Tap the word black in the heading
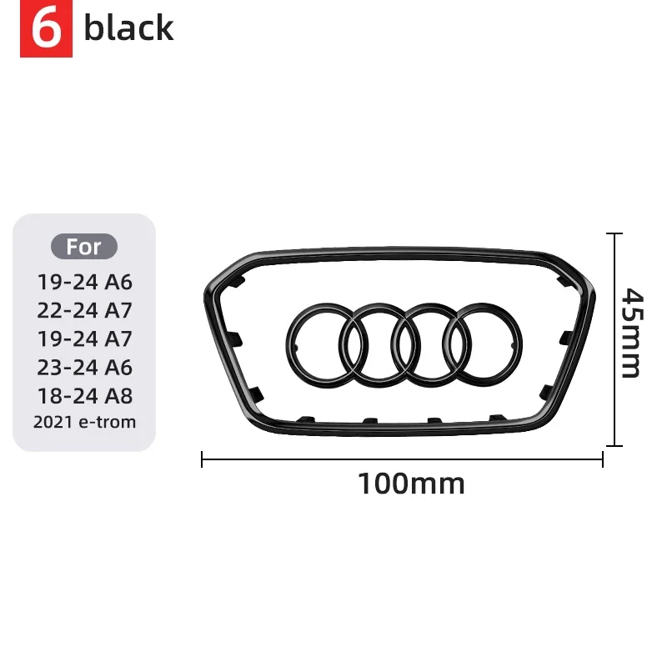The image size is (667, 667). pyautogui.click(x=129, y=28)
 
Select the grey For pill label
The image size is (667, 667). pyautogui.click(x=84, y=246)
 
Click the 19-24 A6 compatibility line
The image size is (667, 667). pyautogui.click(x=85, y=282)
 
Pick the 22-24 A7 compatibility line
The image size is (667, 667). pyautogui.click(x=85, y=310)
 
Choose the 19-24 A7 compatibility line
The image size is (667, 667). pyautogui.click(x=85, y=339)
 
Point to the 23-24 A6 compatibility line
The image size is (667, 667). pyautogui.click(x=85, y=367)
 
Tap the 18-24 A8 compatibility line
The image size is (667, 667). pyautogui.click(x=85, y=395)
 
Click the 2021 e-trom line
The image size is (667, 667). pyautogui.click(x=85, y=422)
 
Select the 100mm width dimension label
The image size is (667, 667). pyautogui.click(x=411, y=484)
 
